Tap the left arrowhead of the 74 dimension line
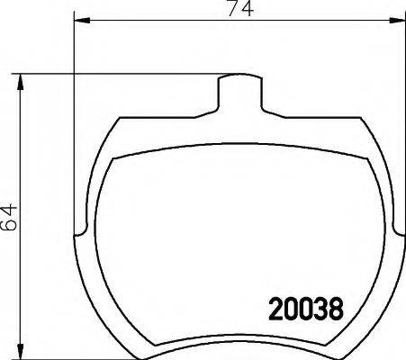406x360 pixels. coord(77,19)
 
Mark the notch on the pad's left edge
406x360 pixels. coord(79,236)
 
